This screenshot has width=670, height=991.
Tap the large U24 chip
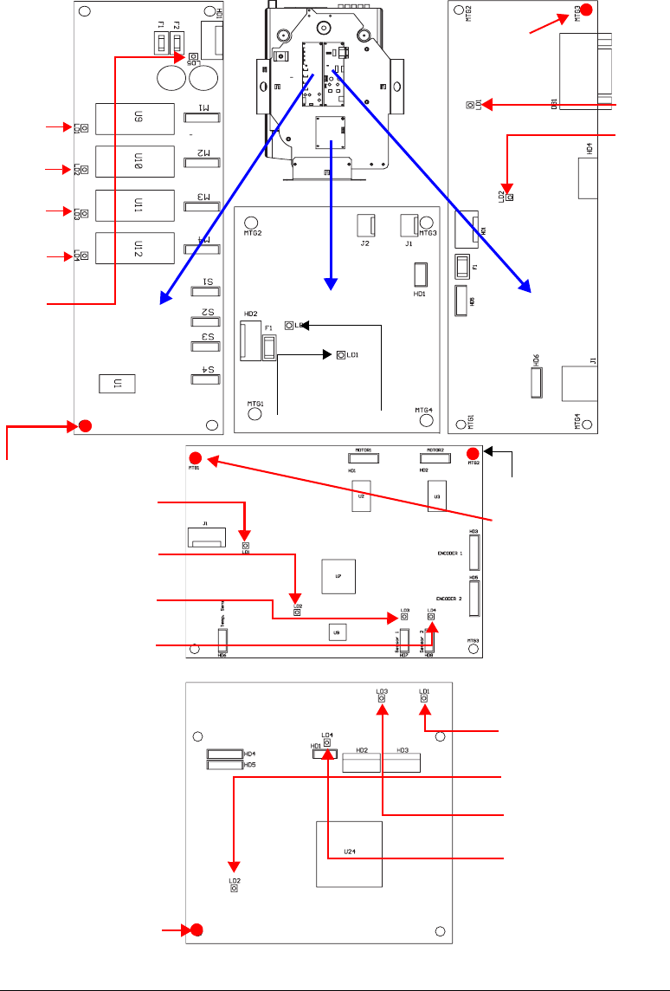(349, 853)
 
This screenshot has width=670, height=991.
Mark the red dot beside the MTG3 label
(586, 10)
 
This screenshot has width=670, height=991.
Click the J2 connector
(365, 226)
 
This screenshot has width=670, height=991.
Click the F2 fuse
(177, 43)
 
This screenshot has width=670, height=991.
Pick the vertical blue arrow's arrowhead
(329, 280)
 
